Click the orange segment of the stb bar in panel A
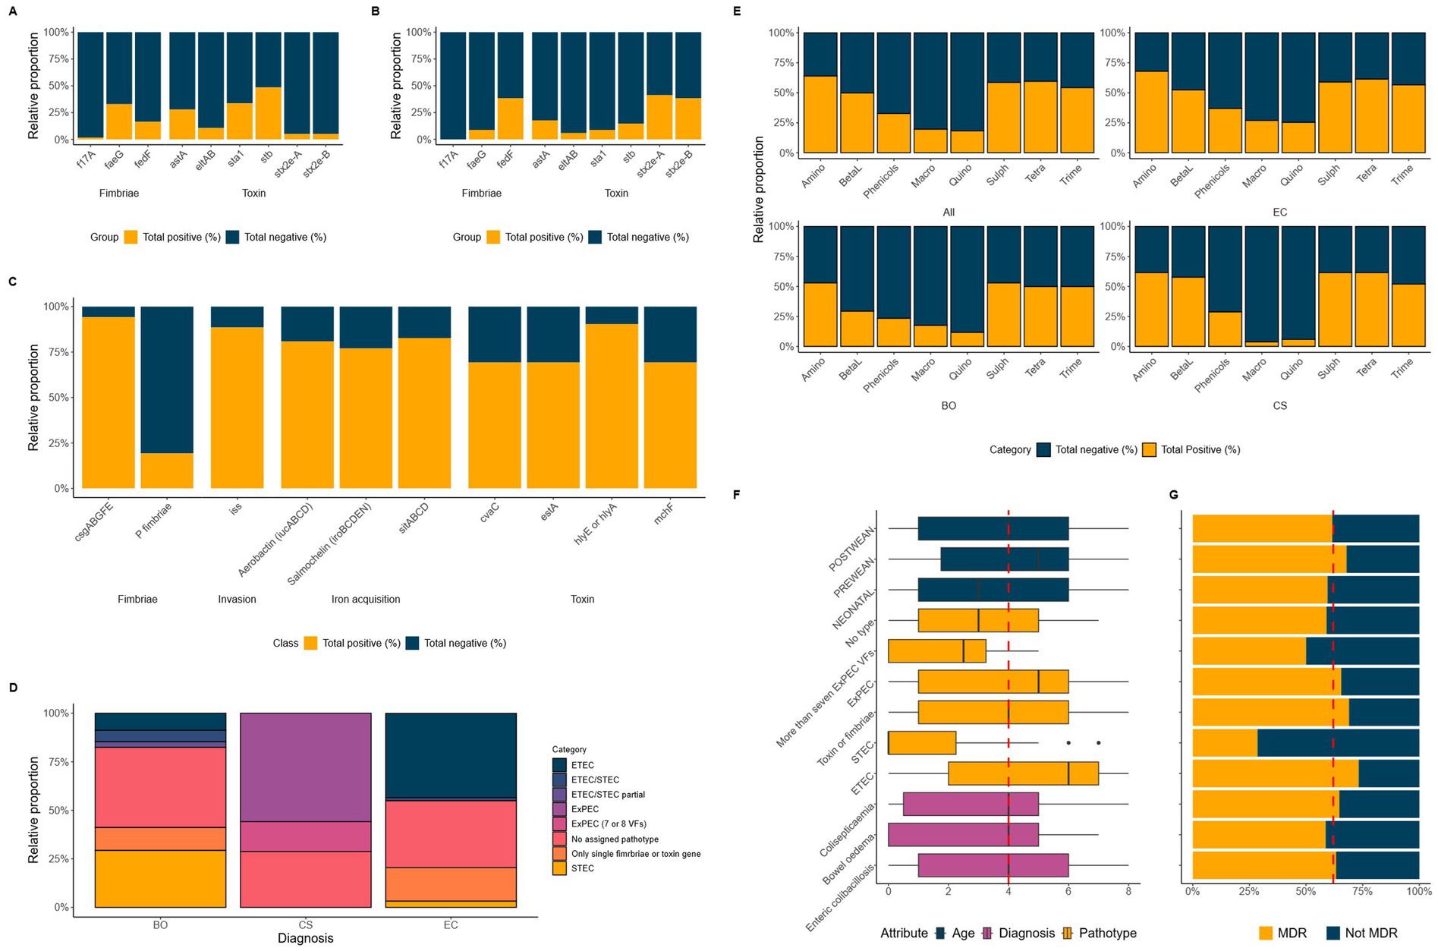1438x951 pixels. (x=268, y=114)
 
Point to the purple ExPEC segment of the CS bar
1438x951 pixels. (x=305, y=767)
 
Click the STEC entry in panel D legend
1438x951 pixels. (x=582, y=868)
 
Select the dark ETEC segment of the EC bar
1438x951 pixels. (x=451, y=755)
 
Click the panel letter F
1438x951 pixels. (x=736, y=495)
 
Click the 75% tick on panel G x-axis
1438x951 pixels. (x=1362, y=891)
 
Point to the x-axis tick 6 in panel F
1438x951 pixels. (x=1068, y=891)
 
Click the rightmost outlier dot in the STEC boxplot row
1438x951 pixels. (x=1098, y=743)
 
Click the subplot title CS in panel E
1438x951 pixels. (x=1279, y=406)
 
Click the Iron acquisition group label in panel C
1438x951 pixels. (x=365, y=600)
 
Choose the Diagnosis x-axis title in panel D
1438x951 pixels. (x=305, y=938)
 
